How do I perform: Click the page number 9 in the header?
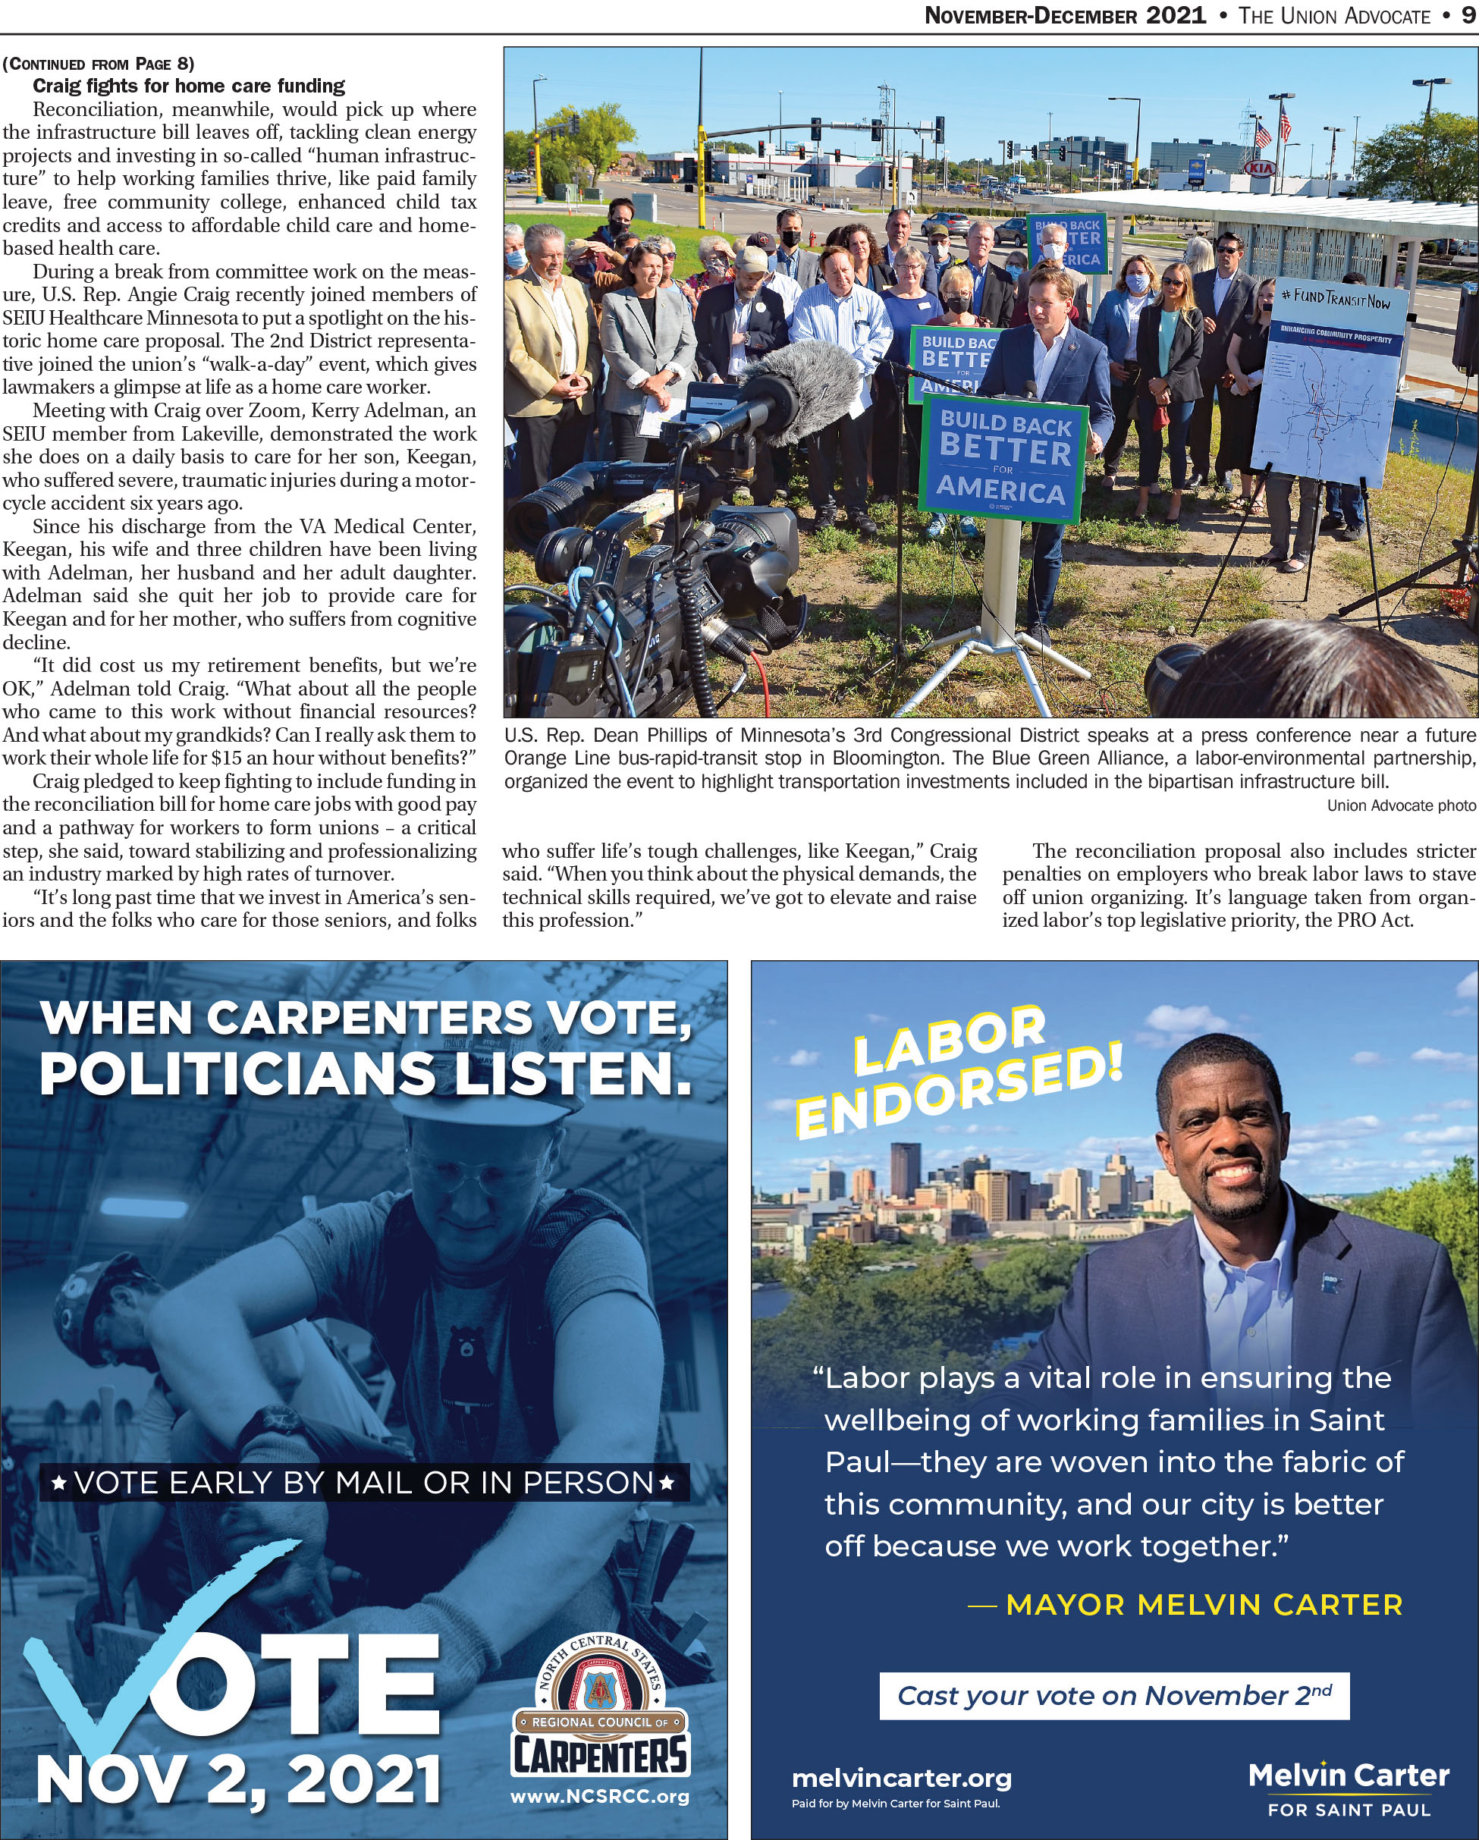click(x=1467, y=15)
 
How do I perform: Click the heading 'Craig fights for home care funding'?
click(x=189, y=86)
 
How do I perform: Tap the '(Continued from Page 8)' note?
click(x=98, y=64)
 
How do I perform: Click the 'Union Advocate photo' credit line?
click(x=1400, y=805)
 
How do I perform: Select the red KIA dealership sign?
click(x=1261, y=169)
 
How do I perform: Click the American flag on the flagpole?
click(x=1284, y=120)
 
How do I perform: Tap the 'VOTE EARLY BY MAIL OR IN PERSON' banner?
click(x=364, y=1483)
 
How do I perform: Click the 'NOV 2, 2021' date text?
click(x=239, y=1781)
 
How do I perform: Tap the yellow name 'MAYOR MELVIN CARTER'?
click(x=1204, y=1603)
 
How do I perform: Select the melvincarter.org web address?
click(x=901, y=1779)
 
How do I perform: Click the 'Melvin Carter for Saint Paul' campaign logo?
click(x=1349, y=1788)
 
